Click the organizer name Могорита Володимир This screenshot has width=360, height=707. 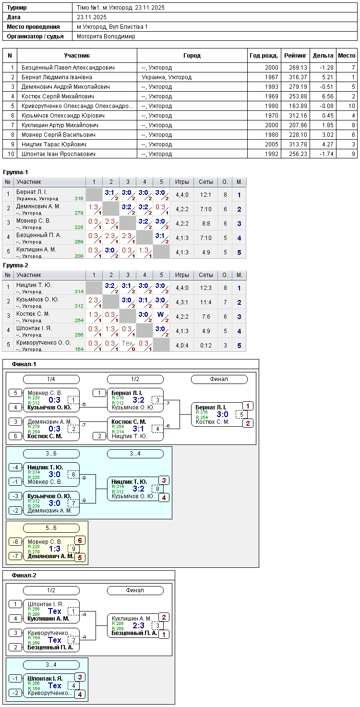106,36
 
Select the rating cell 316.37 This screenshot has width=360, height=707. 298,77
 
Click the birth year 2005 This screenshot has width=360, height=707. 271,144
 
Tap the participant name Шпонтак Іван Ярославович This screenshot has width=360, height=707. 59,154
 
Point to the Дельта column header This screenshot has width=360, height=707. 323,56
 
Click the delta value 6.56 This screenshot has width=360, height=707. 327,96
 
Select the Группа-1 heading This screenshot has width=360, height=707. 15,172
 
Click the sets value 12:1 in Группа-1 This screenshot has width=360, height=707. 205,195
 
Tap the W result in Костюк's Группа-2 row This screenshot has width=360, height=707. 161,314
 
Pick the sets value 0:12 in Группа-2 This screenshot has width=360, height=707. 205,345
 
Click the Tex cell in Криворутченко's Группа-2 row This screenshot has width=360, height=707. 127,343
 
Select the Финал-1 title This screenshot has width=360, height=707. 24,364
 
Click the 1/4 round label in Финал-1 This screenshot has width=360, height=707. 51,379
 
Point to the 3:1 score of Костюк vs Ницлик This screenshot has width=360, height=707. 138,429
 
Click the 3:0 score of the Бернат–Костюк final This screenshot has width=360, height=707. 222,414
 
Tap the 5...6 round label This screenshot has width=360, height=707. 51,528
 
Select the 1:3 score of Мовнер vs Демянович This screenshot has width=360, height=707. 54,549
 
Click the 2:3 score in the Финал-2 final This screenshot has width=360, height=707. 138,625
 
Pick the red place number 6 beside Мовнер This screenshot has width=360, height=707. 80,540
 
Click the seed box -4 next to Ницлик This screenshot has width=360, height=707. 15,467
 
